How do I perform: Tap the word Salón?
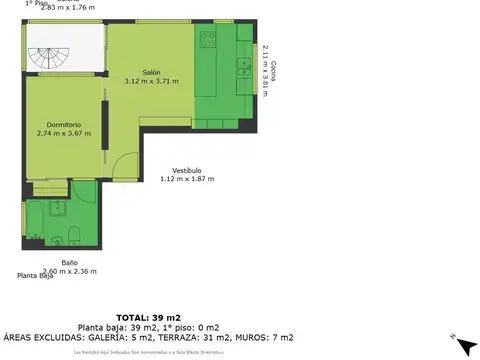[x=151, y=72]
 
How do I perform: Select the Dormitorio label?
[x=63, y=124]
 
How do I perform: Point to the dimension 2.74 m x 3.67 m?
[x=63, y=132]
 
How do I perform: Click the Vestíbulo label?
[x=188, y=170]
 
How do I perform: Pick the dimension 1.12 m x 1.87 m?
[x=188, y=179]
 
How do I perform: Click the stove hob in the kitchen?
[x=208, y=40]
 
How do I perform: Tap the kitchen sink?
[x=243, y=68]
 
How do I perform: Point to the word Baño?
[x=70, y=262]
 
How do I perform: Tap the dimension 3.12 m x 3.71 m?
[x=151, y=81]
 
